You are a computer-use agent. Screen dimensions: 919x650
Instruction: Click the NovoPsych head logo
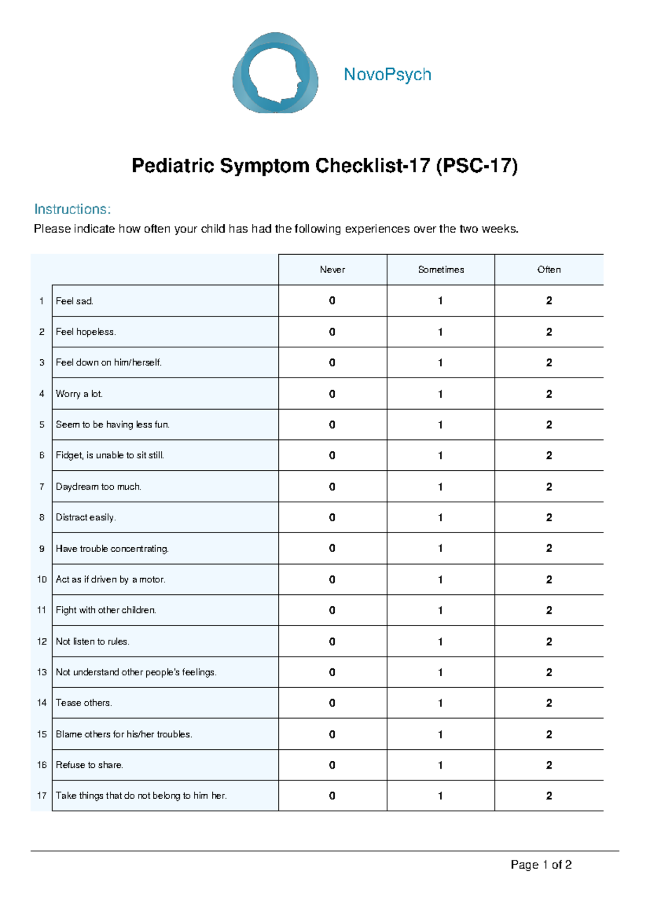275,73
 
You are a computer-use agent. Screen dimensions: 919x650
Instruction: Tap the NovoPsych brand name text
387,74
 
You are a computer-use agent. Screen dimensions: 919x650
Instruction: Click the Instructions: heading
72,209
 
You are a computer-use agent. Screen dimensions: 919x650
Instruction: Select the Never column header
332,270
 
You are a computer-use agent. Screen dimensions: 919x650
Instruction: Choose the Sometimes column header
441,270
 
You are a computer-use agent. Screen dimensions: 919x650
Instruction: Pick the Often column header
549,270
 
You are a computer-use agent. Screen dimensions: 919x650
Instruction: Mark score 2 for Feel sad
549,301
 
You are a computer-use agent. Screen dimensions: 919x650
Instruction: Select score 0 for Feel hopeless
332,332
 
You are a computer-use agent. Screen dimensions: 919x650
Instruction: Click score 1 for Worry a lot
440,394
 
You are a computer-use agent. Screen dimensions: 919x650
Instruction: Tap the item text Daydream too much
98,487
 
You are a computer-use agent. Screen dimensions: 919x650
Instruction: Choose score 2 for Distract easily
549,517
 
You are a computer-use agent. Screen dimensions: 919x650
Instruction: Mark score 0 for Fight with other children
332,610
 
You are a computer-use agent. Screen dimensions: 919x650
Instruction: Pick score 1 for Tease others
440,703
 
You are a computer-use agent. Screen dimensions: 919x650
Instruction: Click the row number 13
42,672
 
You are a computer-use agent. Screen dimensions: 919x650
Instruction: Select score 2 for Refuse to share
549,765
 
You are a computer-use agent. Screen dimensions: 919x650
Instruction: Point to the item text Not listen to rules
92,642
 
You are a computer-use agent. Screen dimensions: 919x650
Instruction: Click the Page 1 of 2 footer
541,865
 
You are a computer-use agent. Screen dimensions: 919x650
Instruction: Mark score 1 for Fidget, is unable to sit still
440,456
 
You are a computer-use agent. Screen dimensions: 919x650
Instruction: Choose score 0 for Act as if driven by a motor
332,579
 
